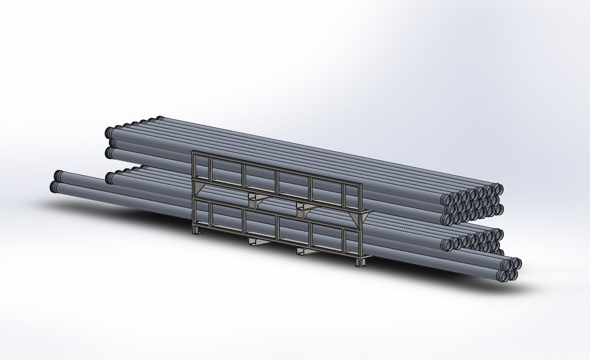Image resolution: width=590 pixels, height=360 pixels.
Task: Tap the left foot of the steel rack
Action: (196, 230)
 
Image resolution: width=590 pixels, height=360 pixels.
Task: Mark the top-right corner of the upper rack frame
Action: (362, 184)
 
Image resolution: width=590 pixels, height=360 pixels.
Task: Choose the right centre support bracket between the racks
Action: (305, 209)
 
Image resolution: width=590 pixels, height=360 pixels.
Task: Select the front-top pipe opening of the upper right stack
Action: (448, 198)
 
